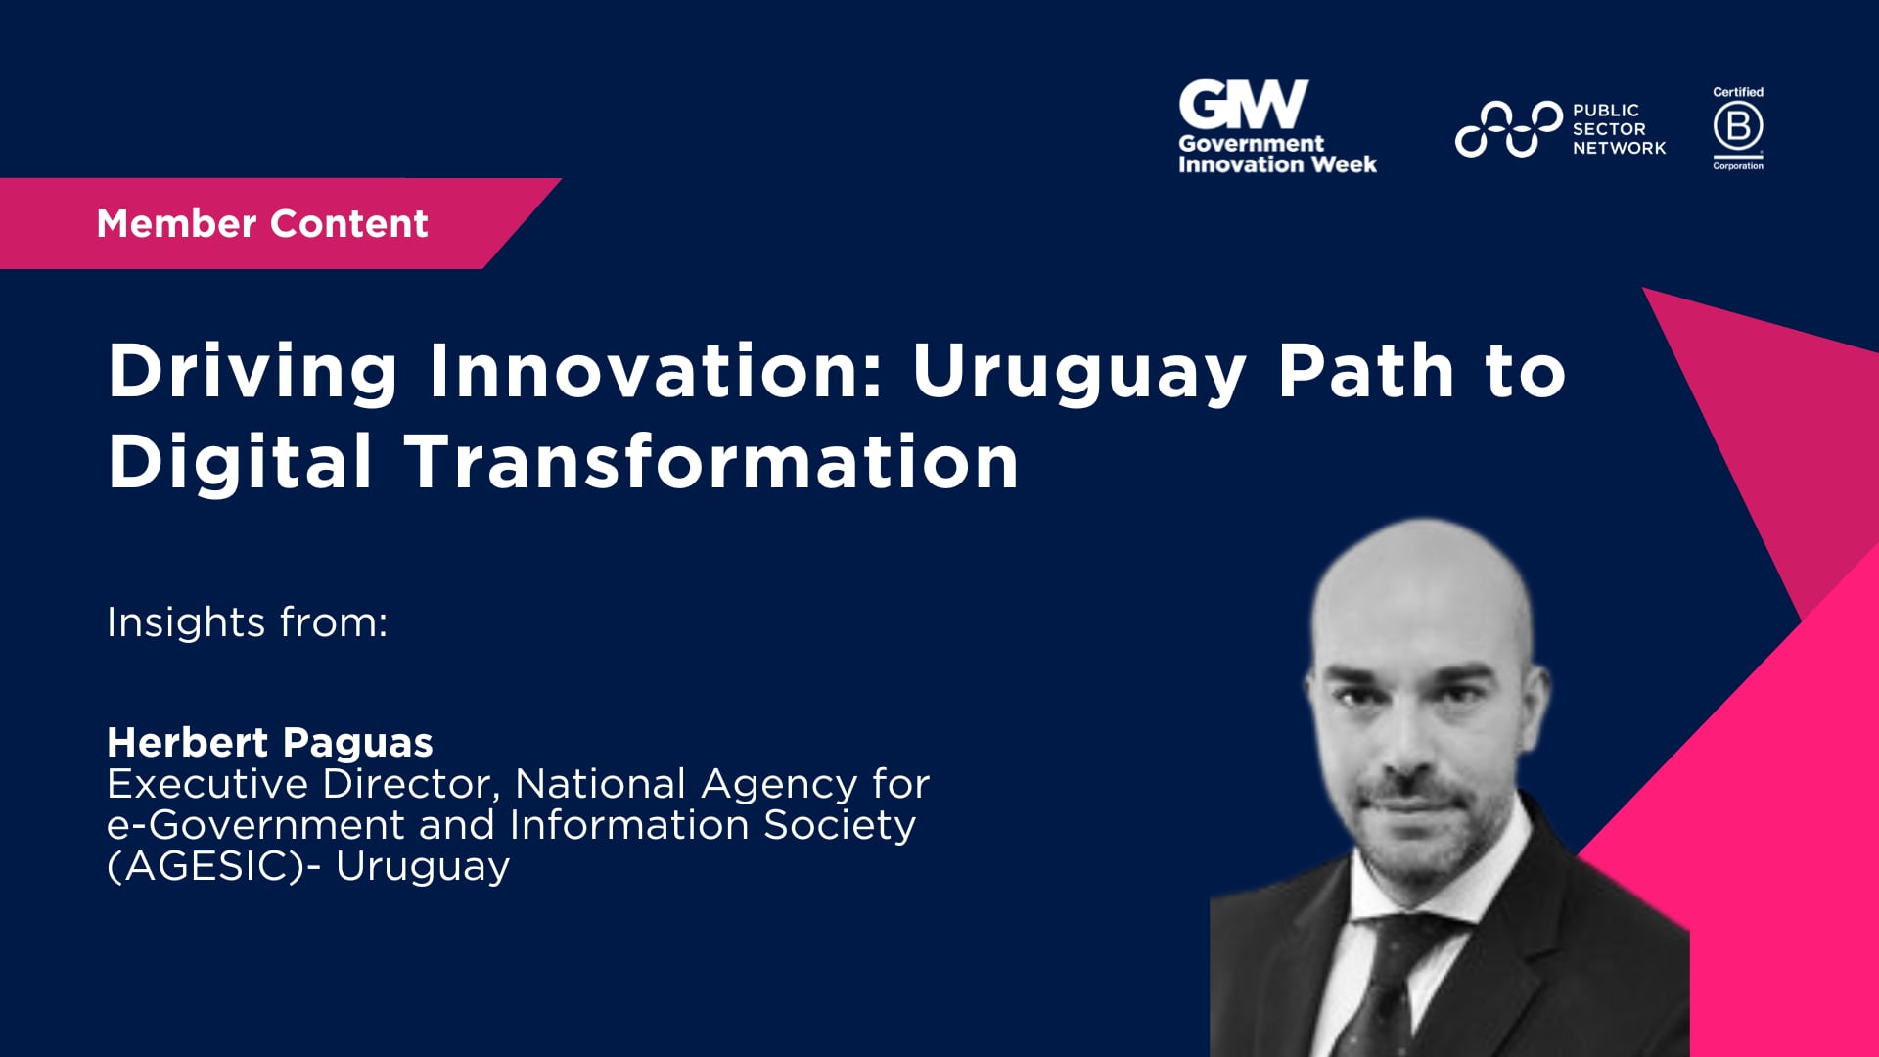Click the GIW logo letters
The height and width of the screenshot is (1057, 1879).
[1242, 105]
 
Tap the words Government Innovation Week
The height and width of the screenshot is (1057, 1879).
[1276, 155]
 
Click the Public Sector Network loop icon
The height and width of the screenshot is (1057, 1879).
[1507, 128]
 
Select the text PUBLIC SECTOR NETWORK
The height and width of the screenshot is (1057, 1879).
[1618, 129]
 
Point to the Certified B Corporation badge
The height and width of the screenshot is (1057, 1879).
[1738, 128]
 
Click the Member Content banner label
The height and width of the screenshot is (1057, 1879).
[262, 224]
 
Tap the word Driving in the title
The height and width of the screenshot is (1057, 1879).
[252, 372]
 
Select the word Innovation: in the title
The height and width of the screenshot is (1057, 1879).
[656, 372]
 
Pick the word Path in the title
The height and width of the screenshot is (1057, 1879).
[1366, 372]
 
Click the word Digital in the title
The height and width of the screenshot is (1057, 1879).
[240, 462]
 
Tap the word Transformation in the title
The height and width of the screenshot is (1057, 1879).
[711, 462]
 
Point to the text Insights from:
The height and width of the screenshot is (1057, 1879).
[247, 622]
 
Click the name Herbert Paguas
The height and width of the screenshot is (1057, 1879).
[269, 743]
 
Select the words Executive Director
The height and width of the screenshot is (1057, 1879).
[302, 784]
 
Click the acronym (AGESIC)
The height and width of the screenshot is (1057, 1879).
[206, 867]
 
